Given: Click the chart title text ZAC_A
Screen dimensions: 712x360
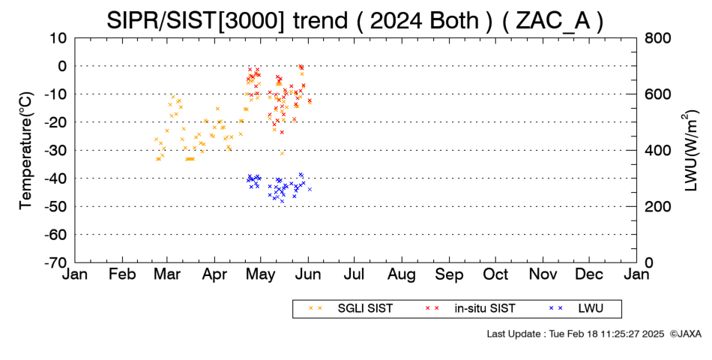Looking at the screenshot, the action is pyautogui.click(x=552, y=20).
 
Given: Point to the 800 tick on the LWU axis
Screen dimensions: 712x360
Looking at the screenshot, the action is pyautogui.click(x=657, y=38).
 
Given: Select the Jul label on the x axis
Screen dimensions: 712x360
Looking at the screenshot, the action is pyautogui.click(x=354, y=274).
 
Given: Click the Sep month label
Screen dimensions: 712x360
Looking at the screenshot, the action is pyautogui.click(x=449, y=274).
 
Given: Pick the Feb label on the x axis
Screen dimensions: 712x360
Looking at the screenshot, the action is pyautogui.click(x=123, y=274).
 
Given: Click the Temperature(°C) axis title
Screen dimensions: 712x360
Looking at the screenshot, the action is pyautogui.click(x=26, y=151).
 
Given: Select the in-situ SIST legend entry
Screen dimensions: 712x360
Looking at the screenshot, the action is pyautogui.click(x=470, y=309).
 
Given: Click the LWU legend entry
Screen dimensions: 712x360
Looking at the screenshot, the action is pyautogui.click(x=576, y=309).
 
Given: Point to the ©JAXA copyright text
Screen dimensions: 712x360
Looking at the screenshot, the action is pyautogui.click(x=685, y=334).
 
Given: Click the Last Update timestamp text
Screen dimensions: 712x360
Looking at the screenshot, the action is pyautogui.click(x=576, y=334).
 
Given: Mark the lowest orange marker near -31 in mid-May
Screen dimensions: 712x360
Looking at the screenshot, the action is pyautogui.click(x=282, y=154).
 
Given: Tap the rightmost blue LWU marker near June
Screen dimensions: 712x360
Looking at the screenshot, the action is pyautogui.click(x=310, y=189).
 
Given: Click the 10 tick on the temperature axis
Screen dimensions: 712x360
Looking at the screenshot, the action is pyautogui.click(x=58, y=38).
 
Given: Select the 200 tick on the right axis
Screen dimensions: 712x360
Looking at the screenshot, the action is pyautogui.click(x=657, y=206).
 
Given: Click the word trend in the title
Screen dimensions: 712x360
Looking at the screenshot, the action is pyautogui.click(x=321, y=20).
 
